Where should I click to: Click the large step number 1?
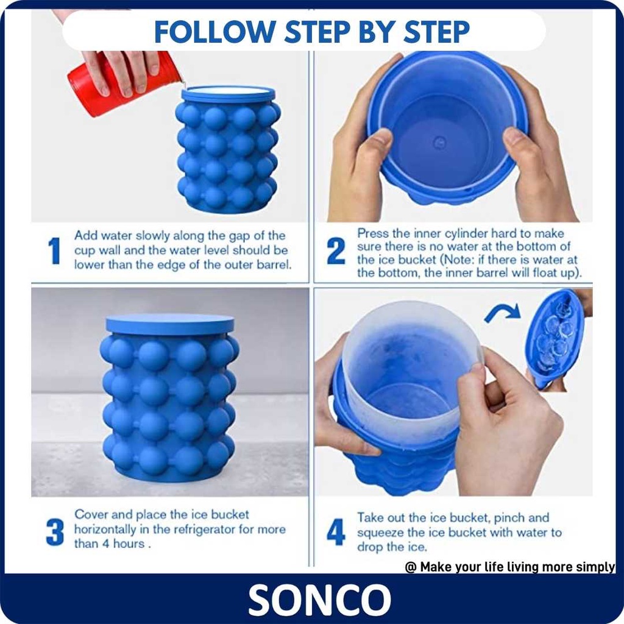(54, 250)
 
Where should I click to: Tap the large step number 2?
(336, 250)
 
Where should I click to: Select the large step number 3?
(55, 531)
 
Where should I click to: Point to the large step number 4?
(336, 531)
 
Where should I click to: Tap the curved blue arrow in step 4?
(502, 313)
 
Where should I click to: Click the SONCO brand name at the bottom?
(319, 600)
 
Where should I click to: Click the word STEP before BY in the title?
(318, 32)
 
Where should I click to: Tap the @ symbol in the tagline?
(410, 567)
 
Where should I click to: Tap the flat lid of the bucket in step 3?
(170, 324)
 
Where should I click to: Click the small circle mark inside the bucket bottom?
(439, 142)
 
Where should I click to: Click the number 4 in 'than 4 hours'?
(105, 544)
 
